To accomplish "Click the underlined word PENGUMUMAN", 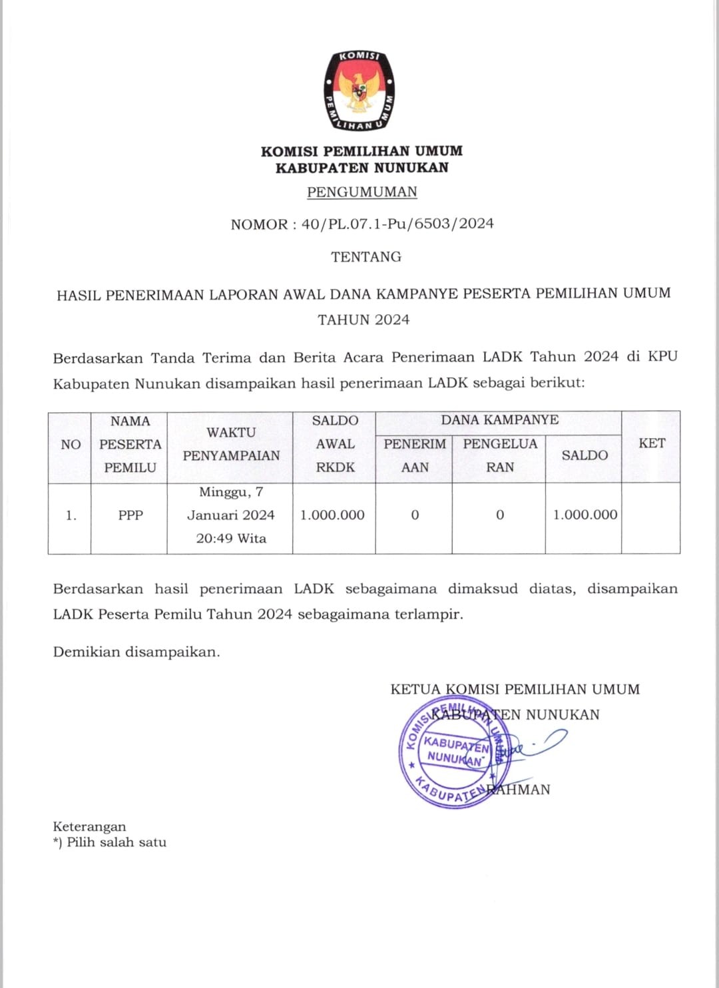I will tap(362, 192).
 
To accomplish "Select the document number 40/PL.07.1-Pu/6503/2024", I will tap(397, 224).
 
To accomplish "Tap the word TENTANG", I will tap(366, 257).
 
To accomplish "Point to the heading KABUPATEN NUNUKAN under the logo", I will tap(362, 168).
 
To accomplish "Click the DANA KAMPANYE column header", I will tap(499, 420).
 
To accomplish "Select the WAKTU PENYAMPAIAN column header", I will tap(231, 444).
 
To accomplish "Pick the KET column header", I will tap(651, 443).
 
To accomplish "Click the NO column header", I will tap(71, 445).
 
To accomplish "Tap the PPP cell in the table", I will tap(130, 515).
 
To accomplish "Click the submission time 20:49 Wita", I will tap(231, 539).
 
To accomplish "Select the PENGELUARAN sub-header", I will tap(499, 455).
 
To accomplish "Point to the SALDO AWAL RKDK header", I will tap(335, 444).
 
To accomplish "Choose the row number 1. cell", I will tap(71, 515).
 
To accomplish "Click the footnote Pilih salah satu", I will tap(116, 842).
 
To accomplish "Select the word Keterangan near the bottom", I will tap(89, 827).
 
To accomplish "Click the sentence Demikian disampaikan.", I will tap(136, 652).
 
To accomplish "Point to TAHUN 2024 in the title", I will tap(363, 320).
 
